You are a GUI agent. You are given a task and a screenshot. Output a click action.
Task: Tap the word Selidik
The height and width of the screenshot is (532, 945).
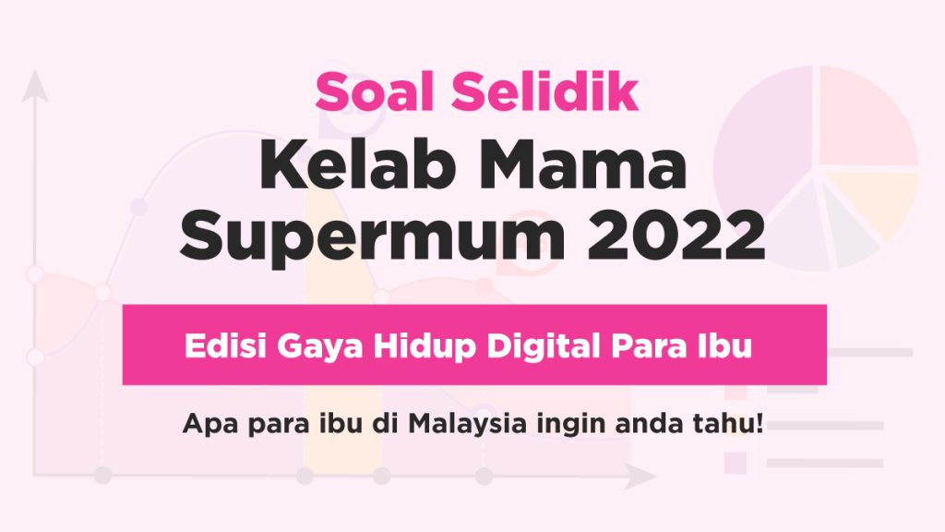pyautogui.click(x=544, y=91)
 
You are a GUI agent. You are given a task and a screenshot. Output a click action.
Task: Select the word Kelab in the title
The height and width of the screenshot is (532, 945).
pyautogui.click(x=357, y=164)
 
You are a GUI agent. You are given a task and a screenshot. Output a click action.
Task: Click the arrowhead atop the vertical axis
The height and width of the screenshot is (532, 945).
pyautogui.click(x=35, y=85)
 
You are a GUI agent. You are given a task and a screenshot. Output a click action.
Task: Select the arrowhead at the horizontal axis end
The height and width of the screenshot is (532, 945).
pyautogui.click(x=640, y=476)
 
